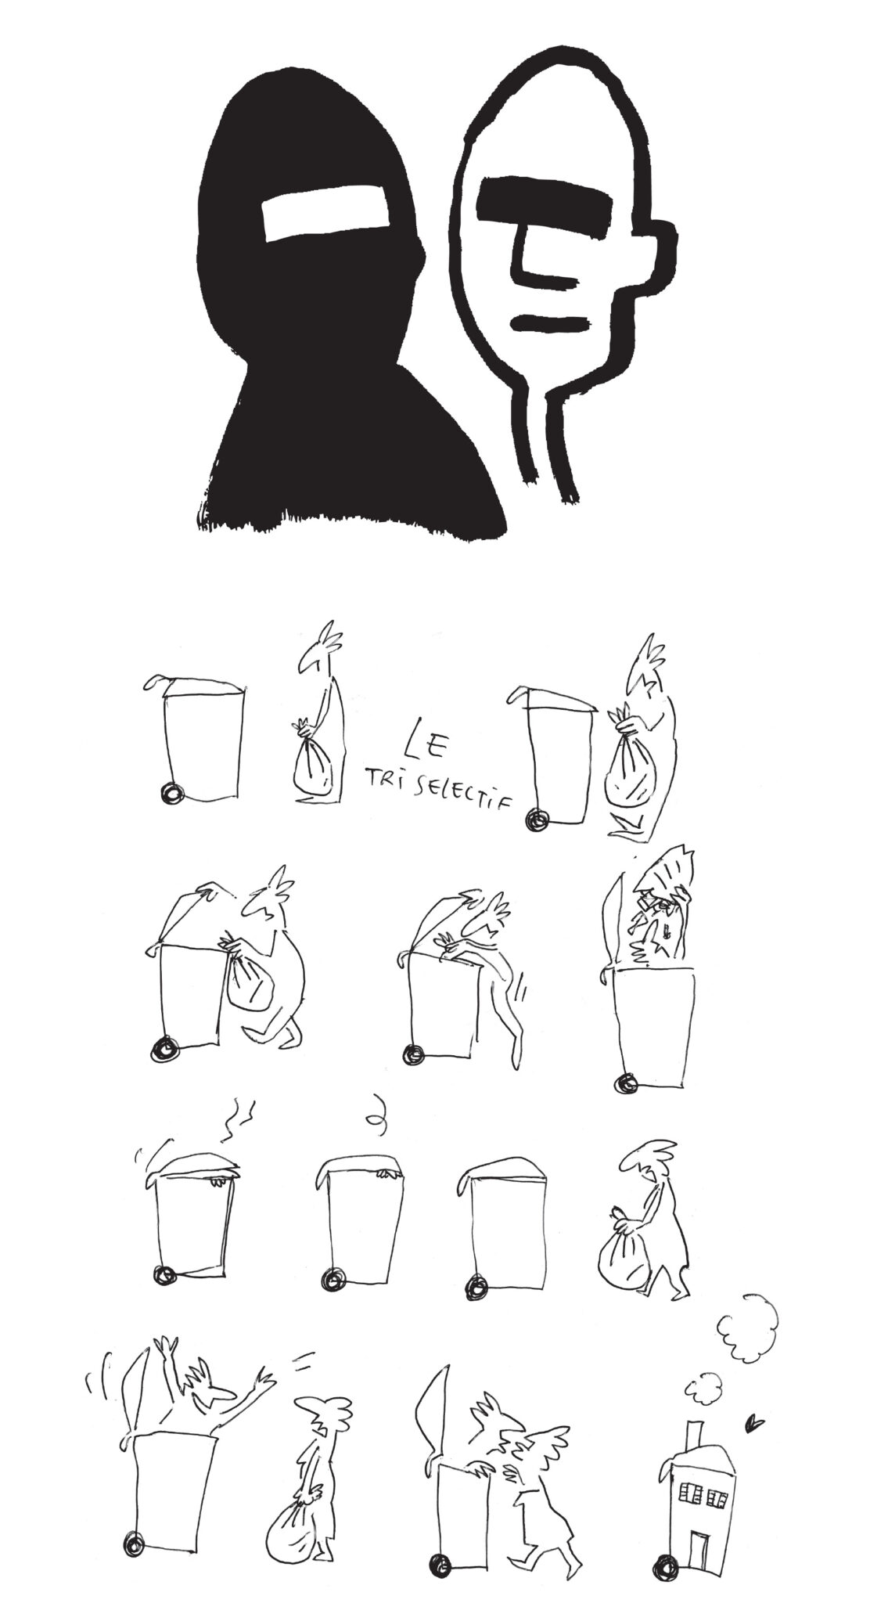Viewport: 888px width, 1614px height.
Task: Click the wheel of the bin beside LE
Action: (170, 794)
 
